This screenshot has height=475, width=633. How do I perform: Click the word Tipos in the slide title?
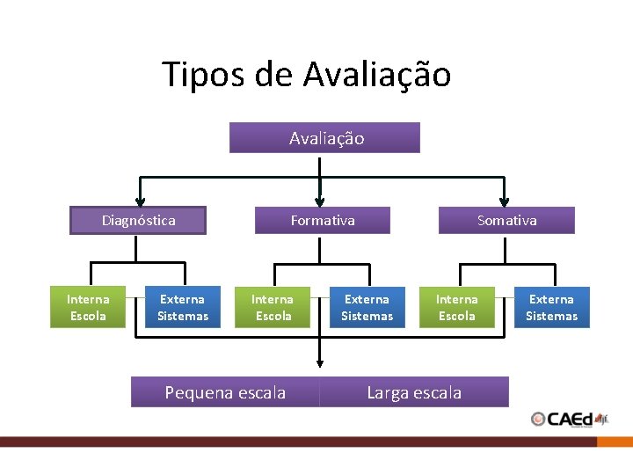coord(205,75)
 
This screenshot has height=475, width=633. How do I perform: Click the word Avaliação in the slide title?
coord(377,75)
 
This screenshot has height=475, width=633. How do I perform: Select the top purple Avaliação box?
coord(324,138)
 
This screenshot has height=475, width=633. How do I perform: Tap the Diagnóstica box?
coord(138,220)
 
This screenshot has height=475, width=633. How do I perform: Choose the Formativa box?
coord(323,220)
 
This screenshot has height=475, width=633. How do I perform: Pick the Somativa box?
coord(506,220)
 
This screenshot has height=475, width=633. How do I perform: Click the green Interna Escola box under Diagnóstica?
coord(88,307)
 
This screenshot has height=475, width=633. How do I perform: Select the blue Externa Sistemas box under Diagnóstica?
coord(183,307)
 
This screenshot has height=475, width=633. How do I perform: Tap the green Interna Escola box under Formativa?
coord(273,307)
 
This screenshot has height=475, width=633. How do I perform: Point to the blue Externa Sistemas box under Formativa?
coord(367,307)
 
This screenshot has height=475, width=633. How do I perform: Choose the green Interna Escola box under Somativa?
coord(457,307)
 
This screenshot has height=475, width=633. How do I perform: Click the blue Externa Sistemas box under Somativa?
coord(552,307)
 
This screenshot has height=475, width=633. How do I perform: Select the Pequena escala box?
coord(225,392)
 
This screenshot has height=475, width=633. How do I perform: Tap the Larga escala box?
coord(414,392)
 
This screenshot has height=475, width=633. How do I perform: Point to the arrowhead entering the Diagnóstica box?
coord(139,201)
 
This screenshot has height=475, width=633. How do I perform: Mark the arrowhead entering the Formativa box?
coord(320,201)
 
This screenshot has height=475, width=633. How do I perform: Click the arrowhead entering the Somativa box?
coord(504,201)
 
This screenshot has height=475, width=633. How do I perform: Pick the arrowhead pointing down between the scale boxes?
coord(320,361)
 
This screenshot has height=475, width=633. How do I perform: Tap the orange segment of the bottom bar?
coord(615,442)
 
